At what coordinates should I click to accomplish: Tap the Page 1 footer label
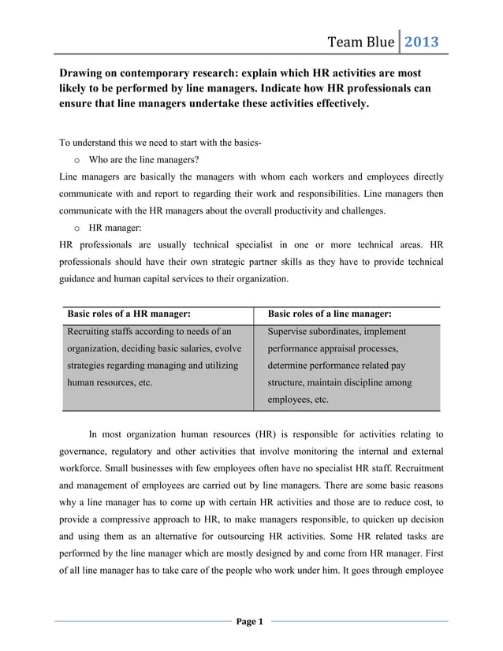251,622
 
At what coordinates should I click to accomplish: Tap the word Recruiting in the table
94,332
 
